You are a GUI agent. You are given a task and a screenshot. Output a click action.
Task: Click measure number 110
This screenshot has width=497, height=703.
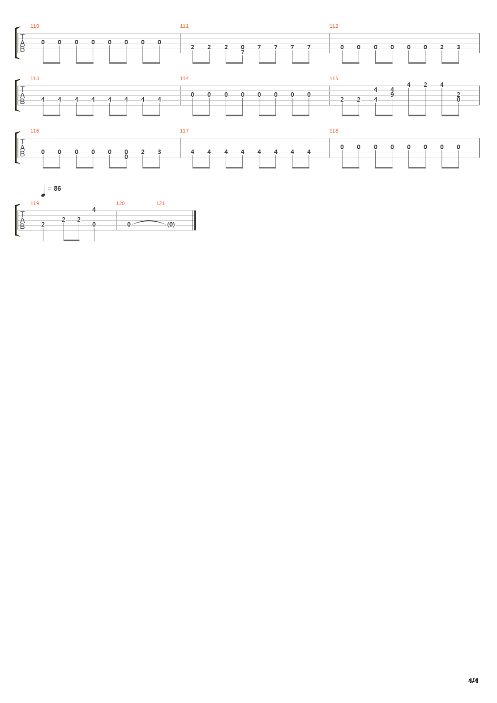[x=35, y=26]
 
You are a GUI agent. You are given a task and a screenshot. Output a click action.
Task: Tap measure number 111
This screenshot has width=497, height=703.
[x=184, y=26]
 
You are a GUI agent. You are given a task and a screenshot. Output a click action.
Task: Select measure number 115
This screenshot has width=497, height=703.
[x=334, y=78]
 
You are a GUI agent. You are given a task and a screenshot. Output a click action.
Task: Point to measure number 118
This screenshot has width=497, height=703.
[x=334, y=131]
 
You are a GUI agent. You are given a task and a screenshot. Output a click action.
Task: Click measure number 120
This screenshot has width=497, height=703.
[x=120, y=203]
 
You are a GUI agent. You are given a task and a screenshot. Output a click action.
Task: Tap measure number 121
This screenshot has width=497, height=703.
[x=160, y=203]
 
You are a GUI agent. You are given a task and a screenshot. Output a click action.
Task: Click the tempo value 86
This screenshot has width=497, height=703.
[x=57, y=189]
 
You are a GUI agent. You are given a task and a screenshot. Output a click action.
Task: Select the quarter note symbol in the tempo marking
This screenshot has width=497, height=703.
[x=43, y=191]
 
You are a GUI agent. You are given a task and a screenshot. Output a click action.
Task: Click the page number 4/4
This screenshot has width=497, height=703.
[x=473, y=681]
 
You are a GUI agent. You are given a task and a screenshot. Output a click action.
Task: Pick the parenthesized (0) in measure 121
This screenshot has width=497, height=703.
[x=171, y=224]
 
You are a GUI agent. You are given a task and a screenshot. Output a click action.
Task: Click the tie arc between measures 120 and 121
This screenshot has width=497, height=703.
[x=149, y=221]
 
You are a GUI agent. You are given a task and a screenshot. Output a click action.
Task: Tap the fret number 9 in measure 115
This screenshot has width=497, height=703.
[x=392, y=94]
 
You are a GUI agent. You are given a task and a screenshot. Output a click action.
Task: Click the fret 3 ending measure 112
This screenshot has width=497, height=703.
[x=458, y=47]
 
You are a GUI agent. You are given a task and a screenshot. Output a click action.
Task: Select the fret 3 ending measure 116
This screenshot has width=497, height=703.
[x=159, y=152]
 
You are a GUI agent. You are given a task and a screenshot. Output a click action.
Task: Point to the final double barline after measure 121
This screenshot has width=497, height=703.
[x=194, y=220]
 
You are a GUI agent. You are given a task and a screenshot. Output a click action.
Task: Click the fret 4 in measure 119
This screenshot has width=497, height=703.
[x=94, y=209]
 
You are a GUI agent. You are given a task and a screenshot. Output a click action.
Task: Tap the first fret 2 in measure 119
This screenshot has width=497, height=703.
[x=43, y=224]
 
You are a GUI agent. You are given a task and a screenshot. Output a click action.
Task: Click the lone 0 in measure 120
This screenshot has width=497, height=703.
[x=129, y=224]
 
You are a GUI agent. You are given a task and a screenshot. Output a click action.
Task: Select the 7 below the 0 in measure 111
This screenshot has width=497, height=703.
[x=243, y=52]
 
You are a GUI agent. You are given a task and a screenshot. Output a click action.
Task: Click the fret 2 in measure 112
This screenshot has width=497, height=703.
[x=442, y=47]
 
